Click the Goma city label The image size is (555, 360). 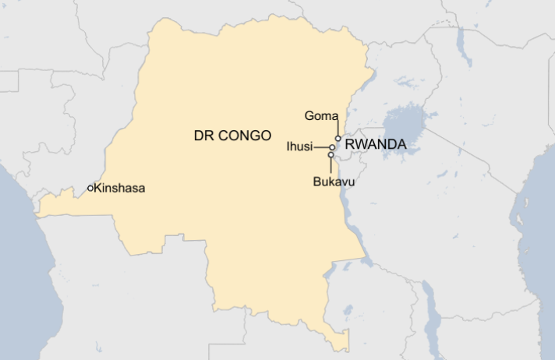(x=320, y=116)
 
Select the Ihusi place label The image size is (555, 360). (x=299, y=146)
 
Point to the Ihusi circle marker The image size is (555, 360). (x=332, y=146)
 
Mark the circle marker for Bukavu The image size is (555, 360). (x=331, y=154)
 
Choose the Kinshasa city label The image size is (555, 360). (x=119, y=188)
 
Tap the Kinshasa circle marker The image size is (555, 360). (x=90, y=188)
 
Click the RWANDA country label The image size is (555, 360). (x=376, y=144)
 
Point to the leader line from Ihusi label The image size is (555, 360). (x=320, y=146)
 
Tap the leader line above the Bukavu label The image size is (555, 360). (x=331, y=165)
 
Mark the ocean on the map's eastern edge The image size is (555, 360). (x=538, y=234)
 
